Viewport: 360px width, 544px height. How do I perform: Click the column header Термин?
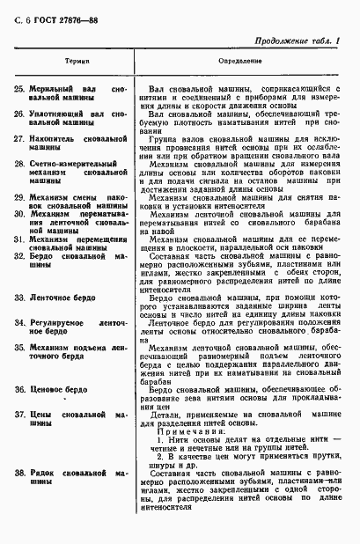click(71, 65)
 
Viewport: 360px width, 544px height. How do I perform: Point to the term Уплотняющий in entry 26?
click(55, 115)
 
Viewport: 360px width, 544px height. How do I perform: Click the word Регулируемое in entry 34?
click(56, 323)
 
